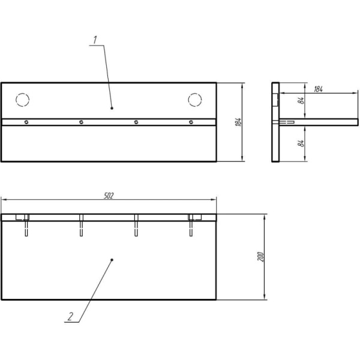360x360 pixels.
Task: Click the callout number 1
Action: tap(95, 40)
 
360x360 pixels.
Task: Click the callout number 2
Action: tap(70, 317)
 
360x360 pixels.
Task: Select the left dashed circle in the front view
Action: tap(23, 100)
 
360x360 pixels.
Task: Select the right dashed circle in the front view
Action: tap(195, 100)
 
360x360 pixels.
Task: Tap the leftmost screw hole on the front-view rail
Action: tap(26, 122)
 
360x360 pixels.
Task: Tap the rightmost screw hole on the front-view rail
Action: tap(191, 122)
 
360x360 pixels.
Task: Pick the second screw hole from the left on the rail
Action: tap(81, 122)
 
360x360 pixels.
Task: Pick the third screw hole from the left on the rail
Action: tap(136, 122)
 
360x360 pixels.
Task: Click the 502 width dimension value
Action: tap(109, 196)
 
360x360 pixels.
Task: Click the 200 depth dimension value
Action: tap(260, 257)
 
